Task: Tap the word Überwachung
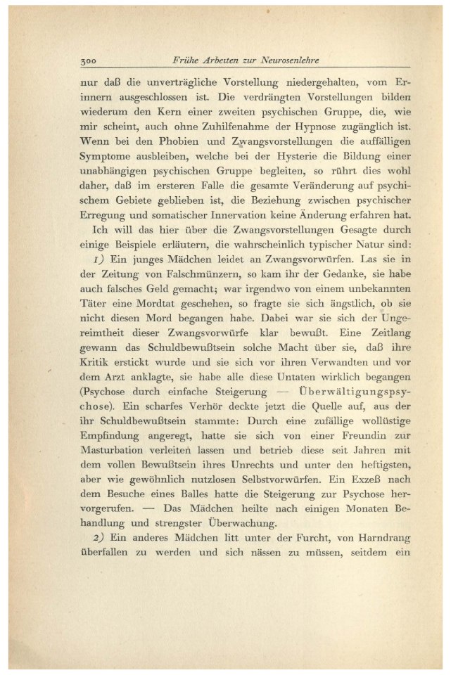tap(243, 525)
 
